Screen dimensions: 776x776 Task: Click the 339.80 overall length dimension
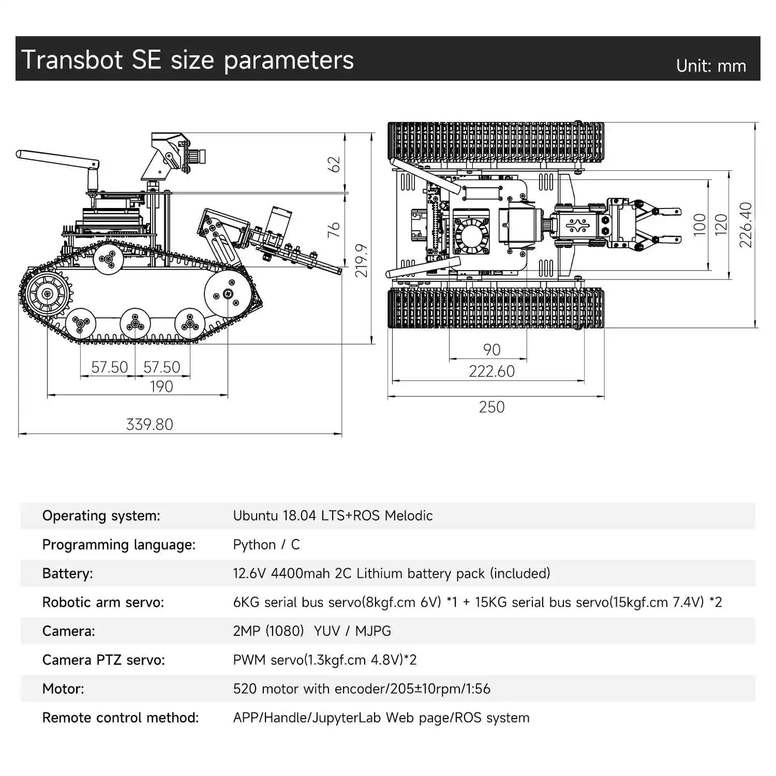(x=150, y=424)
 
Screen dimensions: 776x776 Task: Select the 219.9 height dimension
(x=361, y=261)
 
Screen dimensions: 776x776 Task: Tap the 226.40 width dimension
(x=745, y=225)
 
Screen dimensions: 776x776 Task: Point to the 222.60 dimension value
(x=491, y=371)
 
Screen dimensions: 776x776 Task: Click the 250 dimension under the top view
(x=491, y=407)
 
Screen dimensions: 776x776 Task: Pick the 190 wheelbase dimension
(x=161, y=386)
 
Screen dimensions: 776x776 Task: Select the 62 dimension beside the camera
(x=335, y=165)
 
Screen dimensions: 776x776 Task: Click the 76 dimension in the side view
(x=334, y=229)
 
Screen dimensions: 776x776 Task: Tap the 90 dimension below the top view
(x=491, y=350)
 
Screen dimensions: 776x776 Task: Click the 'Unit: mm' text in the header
(x=711, y=66)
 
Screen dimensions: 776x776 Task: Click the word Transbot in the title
(x=72, y=59)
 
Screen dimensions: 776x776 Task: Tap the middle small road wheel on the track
(x=135, y=324)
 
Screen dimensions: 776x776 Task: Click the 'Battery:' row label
(x=67, y=573)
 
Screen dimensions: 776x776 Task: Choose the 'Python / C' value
(x=266, y=544)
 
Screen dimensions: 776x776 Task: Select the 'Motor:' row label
(x=63, y=689)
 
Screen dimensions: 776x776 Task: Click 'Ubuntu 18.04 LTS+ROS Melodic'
(x=333, y=515)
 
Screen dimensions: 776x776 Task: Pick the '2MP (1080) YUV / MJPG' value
(x=311, y=631)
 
